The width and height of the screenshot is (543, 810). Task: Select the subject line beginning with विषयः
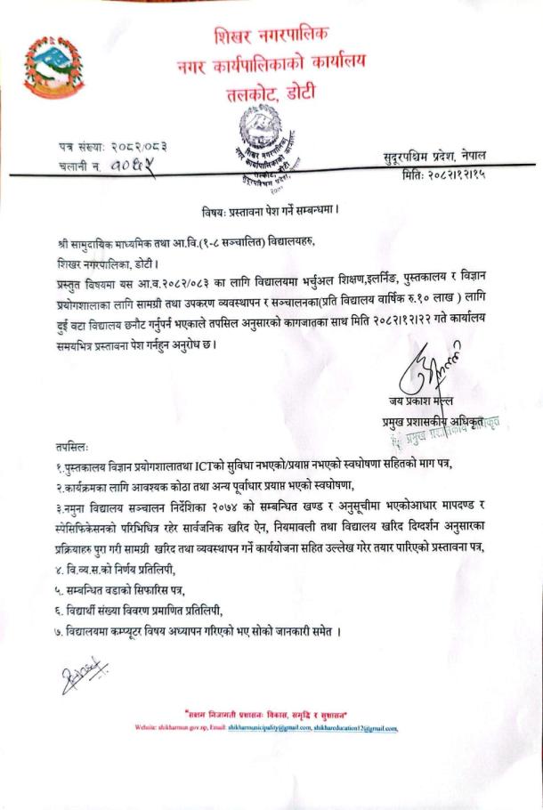(x=270, y=211)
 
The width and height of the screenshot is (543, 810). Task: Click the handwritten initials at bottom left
(x=85, y=677)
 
